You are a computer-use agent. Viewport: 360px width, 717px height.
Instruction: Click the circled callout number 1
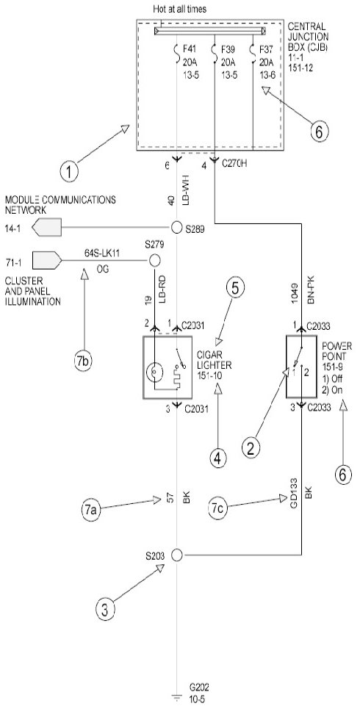click(x=69, y=172)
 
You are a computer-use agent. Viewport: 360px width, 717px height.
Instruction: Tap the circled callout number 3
click(x=105, y=610)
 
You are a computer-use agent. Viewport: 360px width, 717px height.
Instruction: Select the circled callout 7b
click(x=84, y=361)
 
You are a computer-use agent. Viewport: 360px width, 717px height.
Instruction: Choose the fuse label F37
click(x=267, y=49)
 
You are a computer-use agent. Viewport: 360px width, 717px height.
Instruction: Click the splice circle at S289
click(x=176, y=227)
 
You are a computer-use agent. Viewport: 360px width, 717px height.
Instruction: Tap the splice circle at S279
click(x=154, y=261)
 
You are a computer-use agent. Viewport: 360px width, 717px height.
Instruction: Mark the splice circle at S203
click(x=176, y=555)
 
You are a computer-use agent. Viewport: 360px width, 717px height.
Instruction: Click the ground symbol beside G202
click(x=176, y=697)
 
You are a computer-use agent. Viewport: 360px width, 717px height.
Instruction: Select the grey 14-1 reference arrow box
click(x=46, y=227)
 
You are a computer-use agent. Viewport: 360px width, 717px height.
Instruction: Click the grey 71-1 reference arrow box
click(x=46, y=261)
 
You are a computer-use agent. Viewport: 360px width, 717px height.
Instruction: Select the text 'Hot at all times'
click(x=180, y=8)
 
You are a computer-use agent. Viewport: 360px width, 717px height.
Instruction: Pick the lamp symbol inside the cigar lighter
click(x=154, y=372)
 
